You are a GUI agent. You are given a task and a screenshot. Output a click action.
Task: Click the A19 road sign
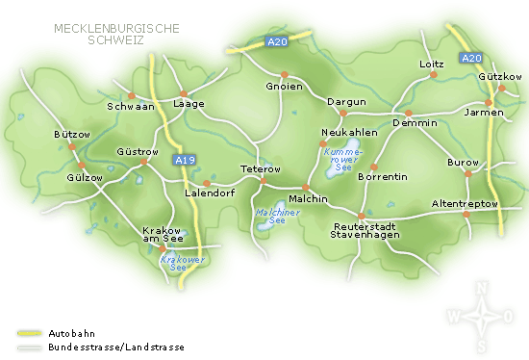[185, 160]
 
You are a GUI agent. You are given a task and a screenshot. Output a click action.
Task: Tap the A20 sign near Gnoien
[277, 41]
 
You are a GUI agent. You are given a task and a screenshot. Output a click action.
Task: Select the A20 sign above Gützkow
[470, 59]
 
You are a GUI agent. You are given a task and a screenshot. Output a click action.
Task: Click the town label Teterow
[260, 168]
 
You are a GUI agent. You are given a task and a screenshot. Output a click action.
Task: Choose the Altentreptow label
[465, 204]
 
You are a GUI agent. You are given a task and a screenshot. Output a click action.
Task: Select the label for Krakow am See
[161, 236]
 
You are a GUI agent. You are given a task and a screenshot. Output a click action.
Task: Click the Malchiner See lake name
[270, 216]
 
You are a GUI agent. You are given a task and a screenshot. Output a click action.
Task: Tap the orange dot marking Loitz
[433, 75]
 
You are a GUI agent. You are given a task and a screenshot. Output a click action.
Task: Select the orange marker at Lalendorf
[207, 182]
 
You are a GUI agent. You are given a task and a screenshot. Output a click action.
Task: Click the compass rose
[481, 316]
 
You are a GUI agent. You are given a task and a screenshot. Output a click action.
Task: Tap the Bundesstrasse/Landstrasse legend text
[115, 347]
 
